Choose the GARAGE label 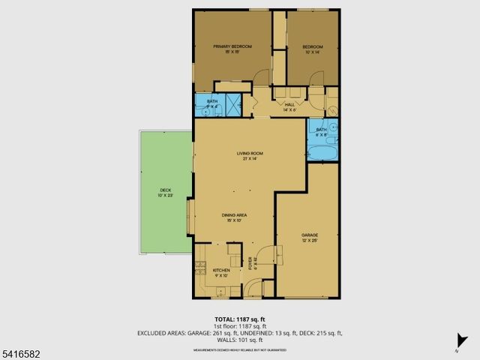pos(289,237)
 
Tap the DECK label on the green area pos(165,193)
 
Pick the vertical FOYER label pos(251,264)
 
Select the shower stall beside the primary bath pos(233,103)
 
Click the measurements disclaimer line pos(239,349)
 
